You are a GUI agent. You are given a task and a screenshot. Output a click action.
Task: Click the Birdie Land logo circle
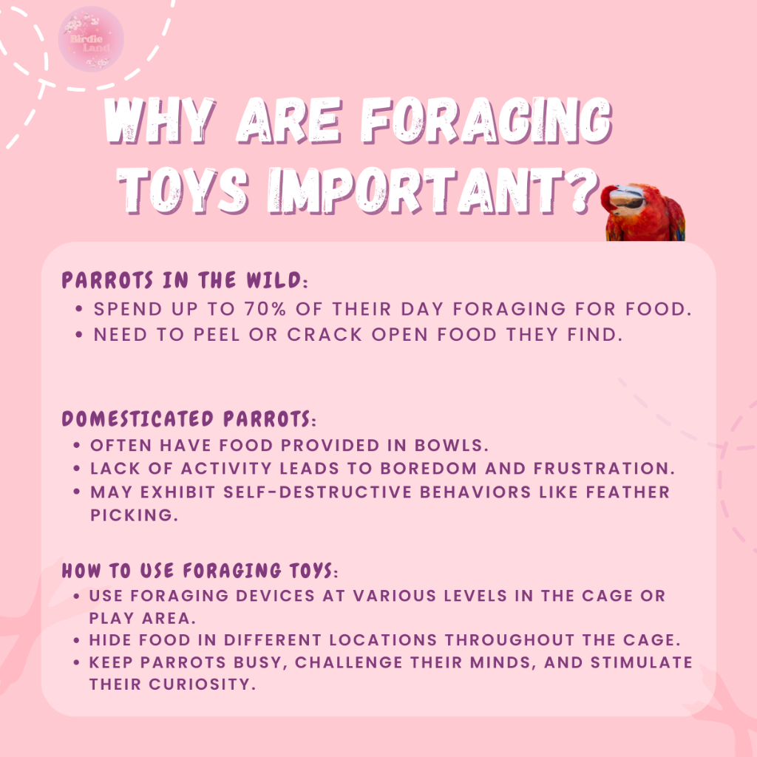coord(91,39)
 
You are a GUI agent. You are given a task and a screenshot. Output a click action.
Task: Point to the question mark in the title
coord(583,190)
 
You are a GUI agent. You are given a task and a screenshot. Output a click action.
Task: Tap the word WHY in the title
coord(160,120)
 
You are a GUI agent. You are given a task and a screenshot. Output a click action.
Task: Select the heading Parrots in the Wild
coord(184,280)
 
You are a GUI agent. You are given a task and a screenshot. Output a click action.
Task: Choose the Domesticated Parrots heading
coord(189,418)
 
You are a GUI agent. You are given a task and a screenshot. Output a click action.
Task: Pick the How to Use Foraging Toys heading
coord(200,570)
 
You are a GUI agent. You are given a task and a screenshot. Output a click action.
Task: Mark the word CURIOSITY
coord(203,684)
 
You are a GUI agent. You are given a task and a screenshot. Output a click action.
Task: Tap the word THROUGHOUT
coord(509,639)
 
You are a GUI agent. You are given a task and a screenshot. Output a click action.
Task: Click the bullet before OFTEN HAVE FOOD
coord(77,445)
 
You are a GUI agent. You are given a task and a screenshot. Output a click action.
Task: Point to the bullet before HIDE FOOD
coord(76,640)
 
